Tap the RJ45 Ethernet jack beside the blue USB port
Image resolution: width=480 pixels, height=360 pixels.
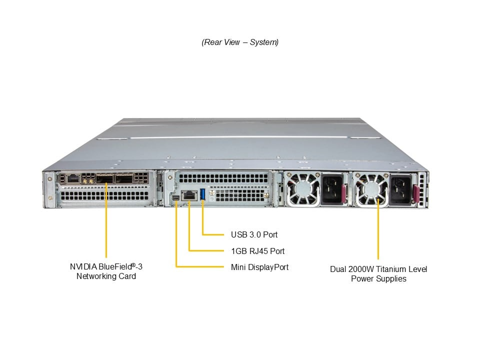(189, 195)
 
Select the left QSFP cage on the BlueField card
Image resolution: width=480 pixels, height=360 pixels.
(105, 178)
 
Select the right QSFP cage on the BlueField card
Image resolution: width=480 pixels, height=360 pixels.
(124, 178)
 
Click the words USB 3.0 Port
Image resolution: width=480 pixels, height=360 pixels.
(254, 234)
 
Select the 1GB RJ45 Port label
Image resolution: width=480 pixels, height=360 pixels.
(257, 250)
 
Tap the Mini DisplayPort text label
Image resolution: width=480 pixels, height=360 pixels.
(259, 267)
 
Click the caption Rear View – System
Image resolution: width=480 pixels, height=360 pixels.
(240, 42)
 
